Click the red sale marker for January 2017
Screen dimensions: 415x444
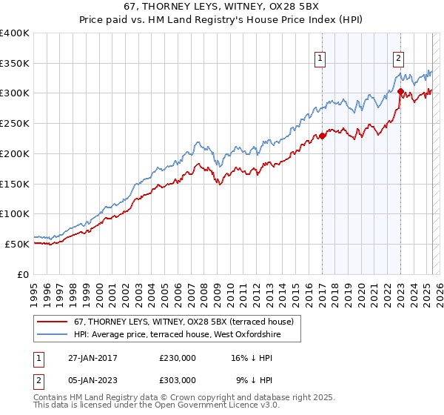(323, 136)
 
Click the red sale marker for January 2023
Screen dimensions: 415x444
(400, 92)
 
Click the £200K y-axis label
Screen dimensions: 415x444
(15, 153)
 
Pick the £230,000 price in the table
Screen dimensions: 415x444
(177, 357)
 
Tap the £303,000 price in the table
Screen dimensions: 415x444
(177, 379)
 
